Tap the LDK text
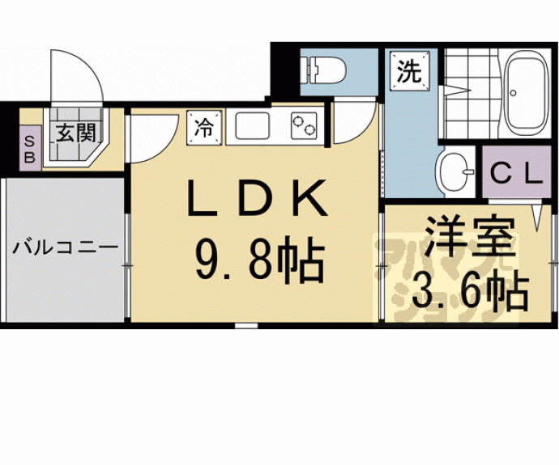[257, 198]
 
